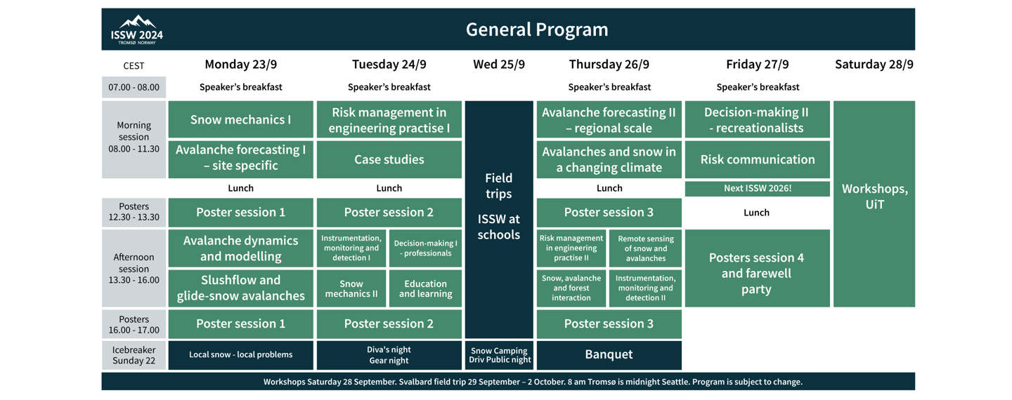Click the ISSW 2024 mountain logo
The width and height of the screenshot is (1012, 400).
tap(136, 29)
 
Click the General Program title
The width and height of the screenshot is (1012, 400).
tap(537, 29)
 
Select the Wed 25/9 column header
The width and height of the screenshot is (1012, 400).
tap(499, 65)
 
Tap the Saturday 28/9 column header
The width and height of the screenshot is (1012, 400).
tap(874, 65)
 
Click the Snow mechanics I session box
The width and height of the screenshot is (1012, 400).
tap(240, 119)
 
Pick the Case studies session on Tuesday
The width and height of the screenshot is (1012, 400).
tap(389, 159)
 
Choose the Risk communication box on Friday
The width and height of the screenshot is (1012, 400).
tap(757, 159)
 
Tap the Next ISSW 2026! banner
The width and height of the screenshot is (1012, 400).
tap(757, 188)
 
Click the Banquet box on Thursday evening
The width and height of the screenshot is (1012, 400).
tap(609, 354)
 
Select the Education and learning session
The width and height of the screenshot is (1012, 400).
tap(425, 288)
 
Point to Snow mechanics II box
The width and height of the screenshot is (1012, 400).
tap(351, 288)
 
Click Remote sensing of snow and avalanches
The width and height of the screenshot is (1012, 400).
tap(645, 248)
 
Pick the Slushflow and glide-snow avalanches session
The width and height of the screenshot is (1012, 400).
tap(240, 288)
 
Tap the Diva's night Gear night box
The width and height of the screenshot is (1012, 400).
tap(389, 354)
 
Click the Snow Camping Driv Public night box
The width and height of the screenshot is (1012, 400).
tap(499, 355)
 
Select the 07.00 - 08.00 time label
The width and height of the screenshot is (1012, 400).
tap(134, 88)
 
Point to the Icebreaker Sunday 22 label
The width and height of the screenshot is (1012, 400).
tap(134, 355)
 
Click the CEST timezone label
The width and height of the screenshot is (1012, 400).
tap(134, 66)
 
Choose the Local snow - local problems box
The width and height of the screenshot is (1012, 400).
tap(240, 354)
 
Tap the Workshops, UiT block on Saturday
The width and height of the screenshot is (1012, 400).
tap(874, 196)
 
